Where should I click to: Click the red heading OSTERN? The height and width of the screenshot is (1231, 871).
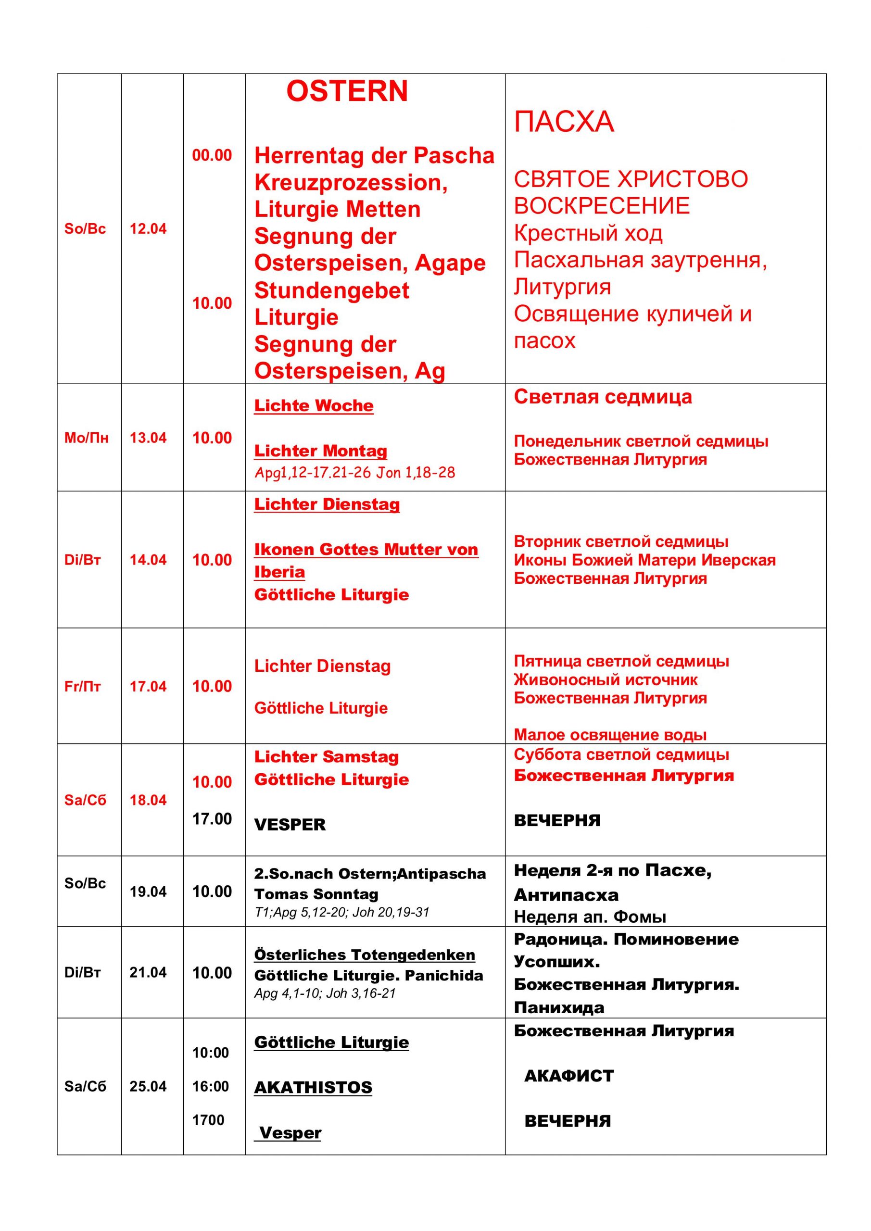click(347, 91)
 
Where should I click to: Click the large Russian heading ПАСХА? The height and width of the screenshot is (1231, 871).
click(564, 122)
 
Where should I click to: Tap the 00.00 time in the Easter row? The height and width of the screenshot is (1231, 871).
click(212, 155)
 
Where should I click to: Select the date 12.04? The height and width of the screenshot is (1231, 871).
click(148, 229)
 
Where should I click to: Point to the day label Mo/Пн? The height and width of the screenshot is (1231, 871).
click(87, 438)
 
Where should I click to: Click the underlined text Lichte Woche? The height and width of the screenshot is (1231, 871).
click(314, 406)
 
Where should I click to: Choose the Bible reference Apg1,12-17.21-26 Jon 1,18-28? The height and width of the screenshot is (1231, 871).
click(354, 472)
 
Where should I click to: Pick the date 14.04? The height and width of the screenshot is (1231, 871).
click(148, 560)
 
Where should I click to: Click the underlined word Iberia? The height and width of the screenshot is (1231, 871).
click(279, 572)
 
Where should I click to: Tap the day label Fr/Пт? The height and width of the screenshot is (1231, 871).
click(83, 687)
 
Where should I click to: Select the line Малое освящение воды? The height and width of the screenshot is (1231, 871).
click(610, 735)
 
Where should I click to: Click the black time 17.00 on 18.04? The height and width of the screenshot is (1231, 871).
click(212, 819)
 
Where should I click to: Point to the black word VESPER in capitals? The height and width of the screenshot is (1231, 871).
click(290, 825)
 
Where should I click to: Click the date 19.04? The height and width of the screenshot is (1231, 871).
click(148, 892)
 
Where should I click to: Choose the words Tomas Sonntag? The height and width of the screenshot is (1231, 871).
click(316, 894)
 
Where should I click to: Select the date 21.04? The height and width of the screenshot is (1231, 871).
click(148, 973)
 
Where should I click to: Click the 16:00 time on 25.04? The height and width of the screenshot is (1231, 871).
click(211, 1086)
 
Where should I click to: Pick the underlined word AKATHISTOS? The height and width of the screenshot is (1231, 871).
click(313, 1087)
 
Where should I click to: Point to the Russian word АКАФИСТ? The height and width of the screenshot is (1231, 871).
click(568, 1076)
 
